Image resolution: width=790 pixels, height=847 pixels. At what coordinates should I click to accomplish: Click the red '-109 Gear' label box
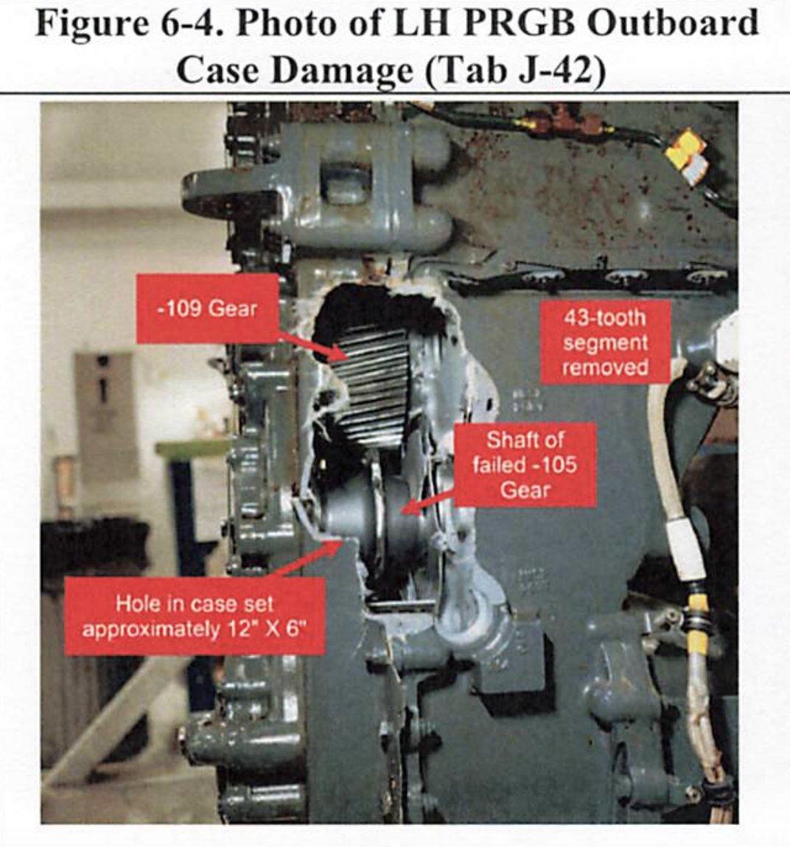point(208,309)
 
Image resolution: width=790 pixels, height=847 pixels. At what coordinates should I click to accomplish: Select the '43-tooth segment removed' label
point(605,342)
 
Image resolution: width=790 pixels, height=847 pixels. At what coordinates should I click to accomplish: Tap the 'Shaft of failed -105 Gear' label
point(525,465)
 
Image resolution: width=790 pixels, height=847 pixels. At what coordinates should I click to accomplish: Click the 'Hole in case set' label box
point(195,616)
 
